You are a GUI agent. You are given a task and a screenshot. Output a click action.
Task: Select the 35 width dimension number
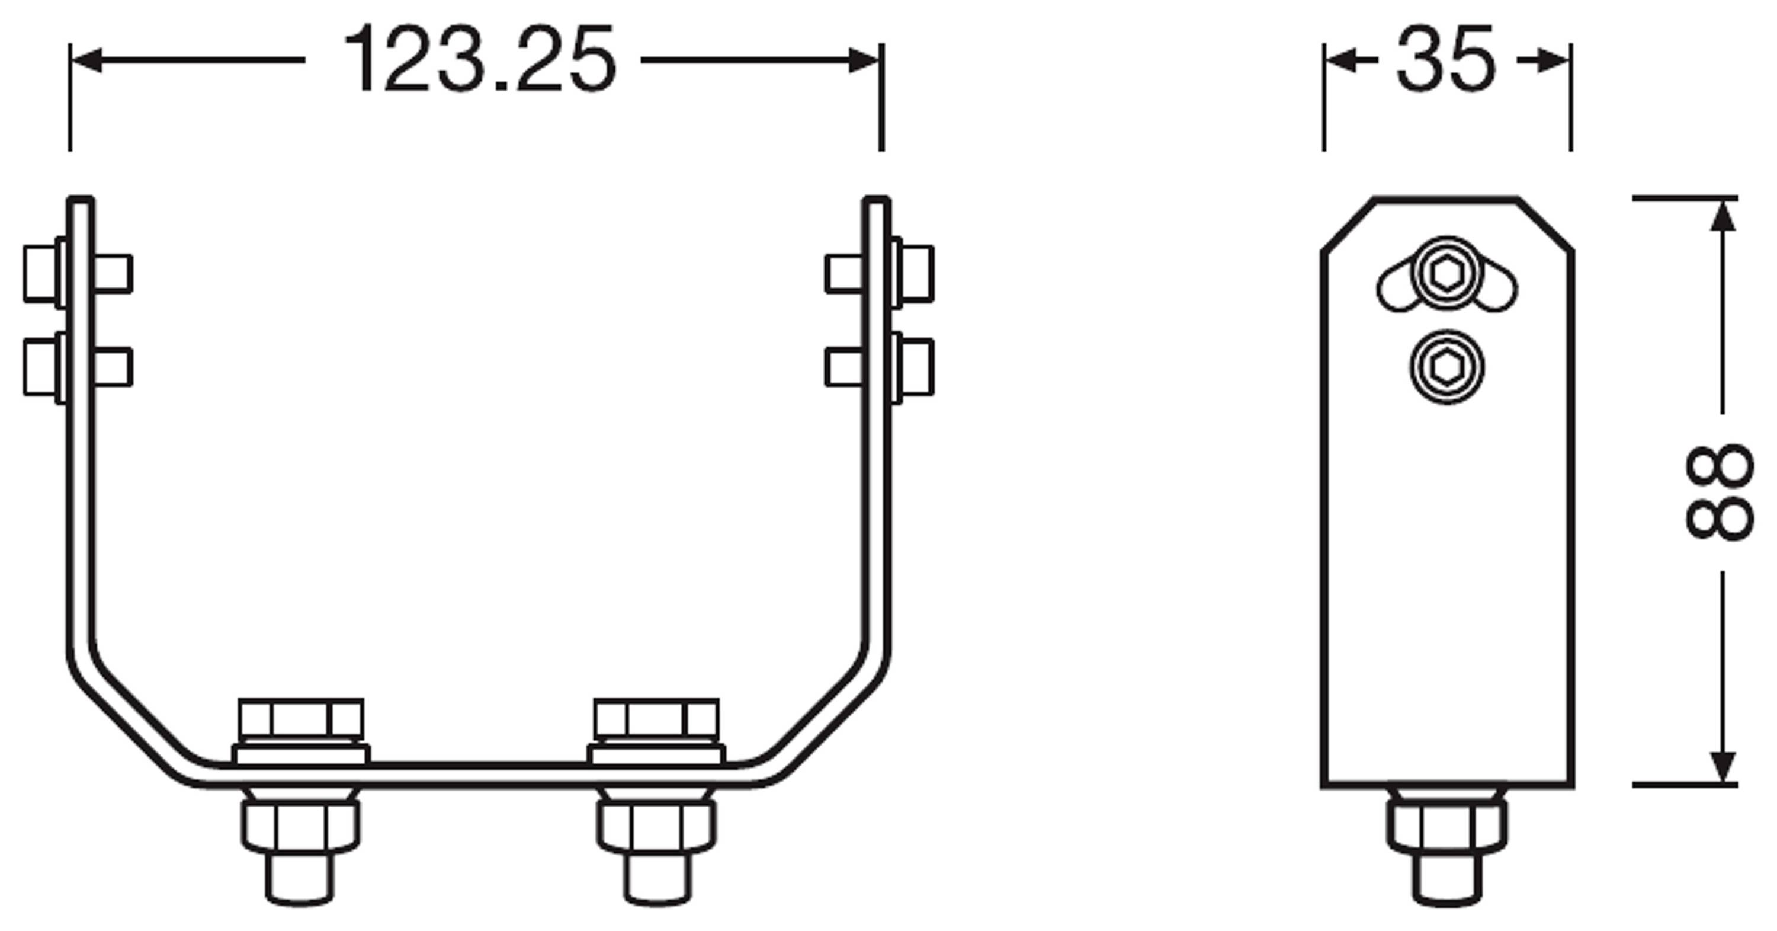pos(1446,60)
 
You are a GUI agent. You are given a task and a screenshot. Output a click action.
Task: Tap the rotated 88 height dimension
pos(1718,491)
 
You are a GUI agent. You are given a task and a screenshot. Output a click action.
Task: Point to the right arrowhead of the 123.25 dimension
pos(864,60)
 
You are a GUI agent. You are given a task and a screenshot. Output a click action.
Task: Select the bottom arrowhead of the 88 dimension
pos(1724,767)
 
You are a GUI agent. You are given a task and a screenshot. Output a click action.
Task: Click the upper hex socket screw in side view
pos(1447,274)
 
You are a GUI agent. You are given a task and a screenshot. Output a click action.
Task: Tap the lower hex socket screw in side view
pos(1447,367)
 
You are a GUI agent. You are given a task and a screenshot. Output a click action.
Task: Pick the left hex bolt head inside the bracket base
pos(301,718)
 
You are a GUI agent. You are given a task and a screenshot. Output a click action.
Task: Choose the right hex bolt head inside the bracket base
pos(656,718)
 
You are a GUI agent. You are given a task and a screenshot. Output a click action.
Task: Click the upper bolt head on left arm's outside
pos(40,274)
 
